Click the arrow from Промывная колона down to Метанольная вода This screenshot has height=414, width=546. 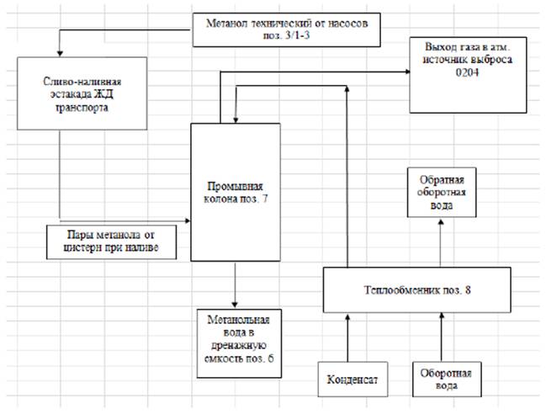(x=236, y=286)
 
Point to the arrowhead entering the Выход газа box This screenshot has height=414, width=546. (x=406, y=72)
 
